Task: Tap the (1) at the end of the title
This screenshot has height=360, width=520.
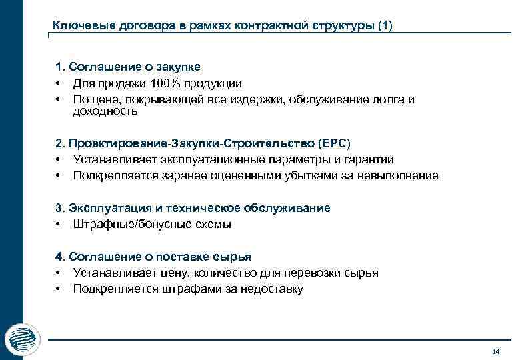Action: [385, 26]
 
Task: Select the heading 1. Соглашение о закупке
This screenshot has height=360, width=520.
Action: [128, 67]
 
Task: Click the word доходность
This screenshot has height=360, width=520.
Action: [105, 111]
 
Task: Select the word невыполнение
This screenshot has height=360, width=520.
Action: [402, 175]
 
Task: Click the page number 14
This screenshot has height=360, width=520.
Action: [495, 351]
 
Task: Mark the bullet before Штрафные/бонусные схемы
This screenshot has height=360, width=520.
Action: [59, 224]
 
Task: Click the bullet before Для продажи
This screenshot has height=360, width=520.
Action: [59, 83]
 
